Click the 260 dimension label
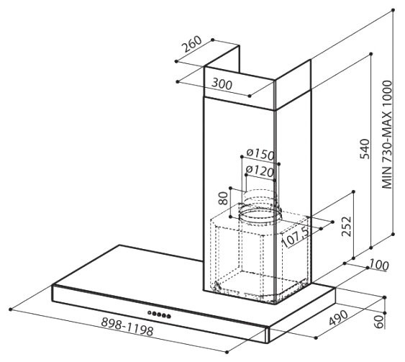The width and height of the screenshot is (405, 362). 191,44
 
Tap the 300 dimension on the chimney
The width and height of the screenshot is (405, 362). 222,84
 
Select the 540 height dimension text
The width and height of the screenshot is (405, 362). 365,149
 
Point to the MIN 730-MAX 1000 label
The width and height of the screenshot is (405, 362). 387,135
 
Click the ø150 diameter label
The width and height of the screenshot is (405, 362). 260,154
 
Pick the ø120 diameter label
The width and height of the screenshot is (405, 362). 259,171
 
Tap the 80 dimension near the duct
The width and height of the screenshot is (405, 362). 224,199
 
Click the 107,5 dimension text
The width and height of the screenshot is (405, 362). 295,237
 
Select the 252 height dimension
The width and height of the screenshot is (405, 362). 347,227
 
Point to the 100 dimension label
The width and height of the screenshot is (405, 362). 378,265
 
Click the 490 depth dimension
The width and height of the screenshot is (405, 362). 339,318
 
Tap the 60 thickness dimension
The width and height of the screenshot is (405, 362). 379,322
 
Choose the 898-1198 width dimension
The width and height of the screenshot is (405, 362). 127,326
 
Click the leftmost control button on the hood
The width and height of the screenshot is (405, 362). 150,312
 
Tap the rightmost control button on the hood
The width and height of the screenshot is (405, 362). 168,316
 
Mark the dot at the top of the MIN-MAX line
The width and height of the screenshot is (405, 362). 393,10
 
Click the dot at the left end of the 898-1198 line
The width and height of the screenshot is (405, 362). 10,309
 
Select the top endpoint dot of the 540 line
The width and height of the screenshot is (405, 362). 371,54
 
